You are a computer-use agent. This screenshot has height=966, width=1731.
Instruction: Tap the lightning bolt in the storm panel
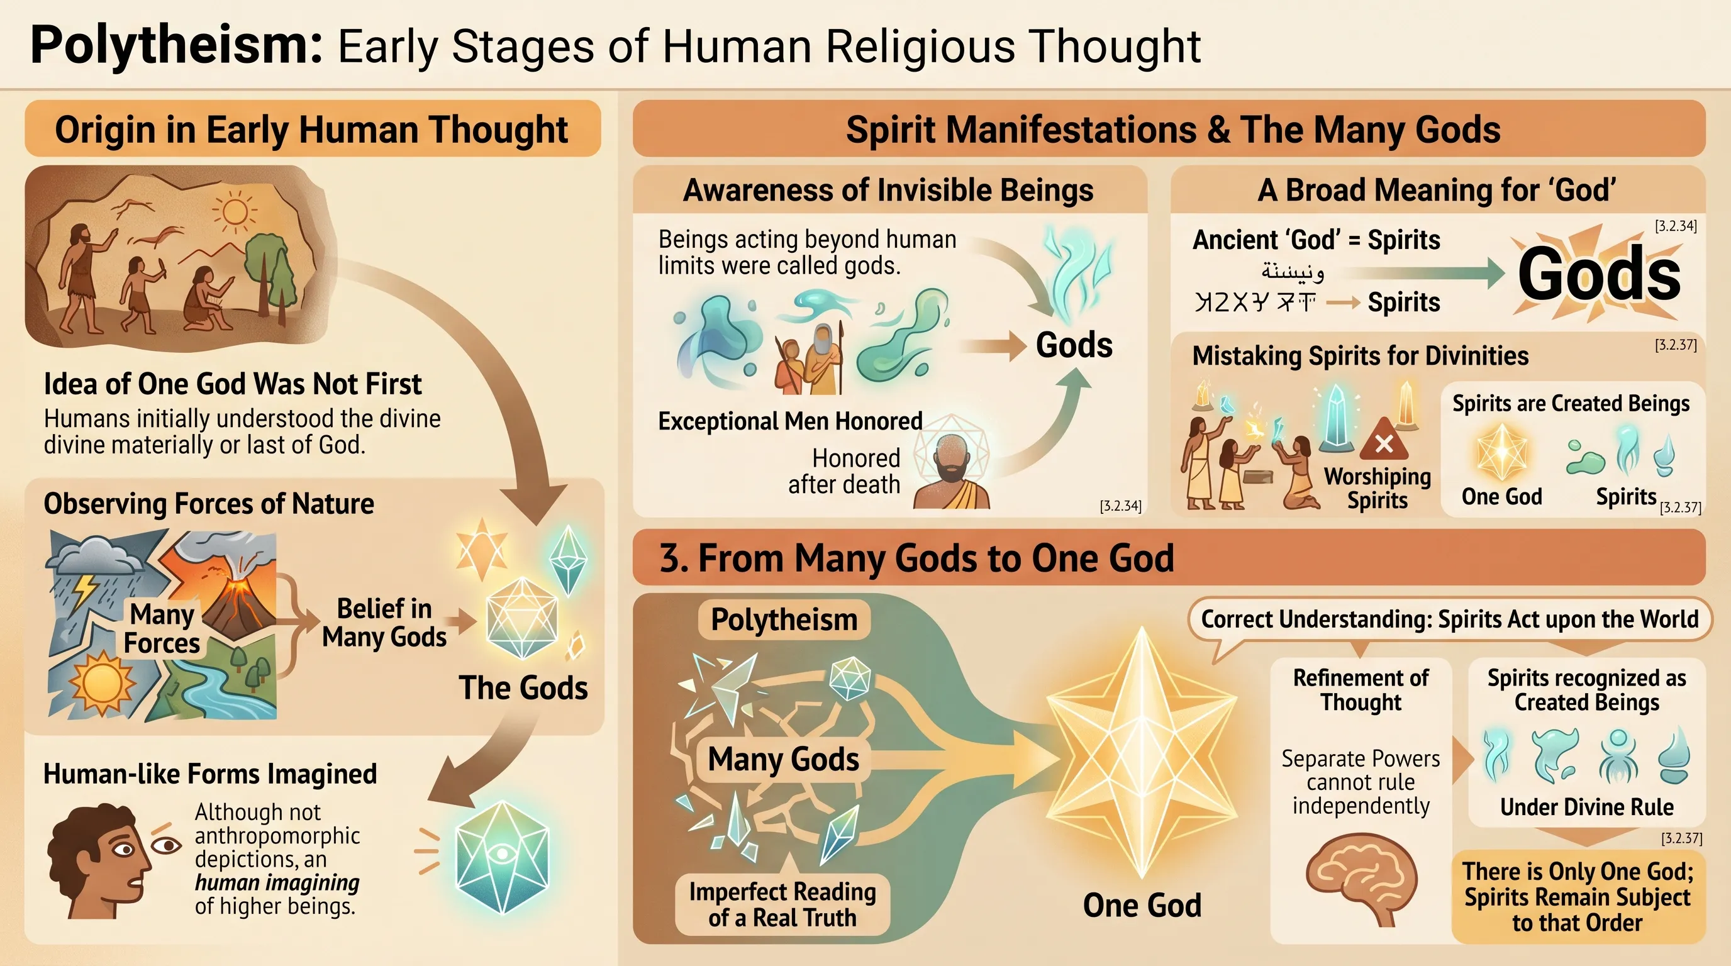[x=86, y=590]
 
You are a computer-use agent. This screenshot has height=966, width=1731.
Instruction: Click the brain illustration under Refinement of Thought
[x=1361, y=877]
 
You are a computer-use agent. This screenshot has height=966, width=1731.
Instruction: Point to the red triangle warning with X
[x=1384, y=441]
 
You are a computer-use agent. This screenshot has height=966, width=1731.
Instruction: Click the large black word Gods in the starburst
[x=1599, y=274]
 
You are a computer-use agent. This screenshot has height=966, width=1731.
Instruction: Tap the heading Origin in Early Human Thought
[x=312, y=130]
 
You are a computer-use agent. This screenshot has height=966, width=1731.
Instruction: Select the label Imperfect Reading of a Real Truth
[x=782, y=904]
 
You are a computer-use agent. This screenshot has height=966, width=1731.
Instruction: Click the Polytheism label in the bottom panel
[x=784, y=619]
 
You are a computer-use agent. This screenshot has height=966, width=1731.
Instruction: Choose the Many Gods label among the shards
[x=784, y=760]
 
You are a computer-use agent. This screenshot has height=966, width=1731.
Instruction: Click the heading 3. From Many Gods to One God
[x=916, y=558]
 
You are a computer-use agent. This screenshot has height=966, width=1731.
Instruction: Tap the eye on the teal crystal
[x=502, y=854]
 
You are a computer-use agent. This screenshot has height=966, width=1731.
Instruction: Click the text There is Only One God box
[x=1577, y=897]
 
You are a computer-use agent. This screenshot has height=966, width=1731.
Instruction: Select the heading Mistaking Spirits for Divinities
[x=1360, y=356]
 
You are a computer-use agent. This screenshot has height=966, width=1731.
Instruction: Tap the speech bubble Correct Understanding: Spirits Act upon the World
[x=1449, y=619]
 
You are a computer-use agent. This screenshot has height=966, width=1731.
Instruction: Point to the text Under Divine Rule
[x=1586, y=807]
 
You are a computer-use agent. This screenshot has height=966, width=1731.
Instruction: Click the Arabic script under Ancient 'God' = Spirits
[x=1291, y=272]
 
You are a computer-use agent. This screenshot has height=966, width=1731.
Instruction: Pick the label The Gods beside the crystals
[x=523, y=688]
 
